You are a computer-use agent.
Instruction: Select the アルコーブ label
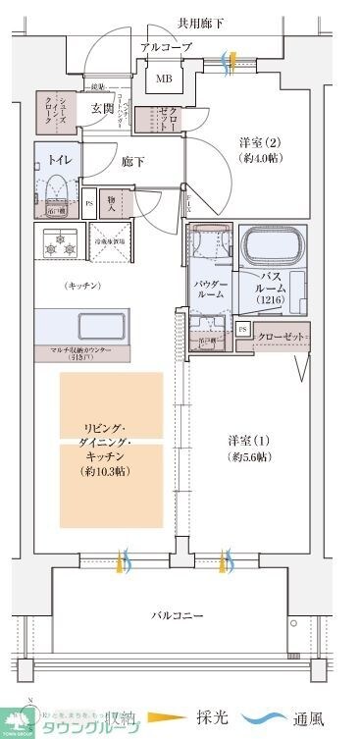pyautogui.click(x=164, y=47)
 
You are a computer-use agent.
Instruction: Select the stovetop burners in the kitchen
pyautogui.click(x=56, y=243)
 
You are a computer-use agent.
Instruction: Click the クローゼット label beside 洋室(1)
pyautogui.click(x=280, y=337)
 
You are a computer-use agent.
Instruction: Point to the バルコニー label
pyautogui.click(x=177, y=615)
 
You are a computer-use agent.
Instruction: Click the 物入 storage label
pyautogui.click(x=112, y=203)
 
